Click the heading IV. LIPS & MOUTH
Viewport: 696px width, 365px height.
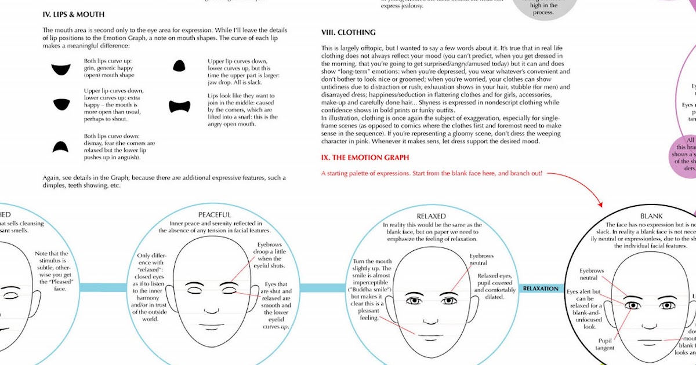pos(73,14)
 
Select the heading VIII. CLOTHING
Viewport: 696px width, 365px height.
pos(348,32)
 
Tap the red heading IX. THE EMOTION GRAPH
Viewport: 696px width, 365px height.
pos(365,158)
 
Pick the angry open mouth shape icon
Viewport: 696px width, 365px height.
pos(180,107)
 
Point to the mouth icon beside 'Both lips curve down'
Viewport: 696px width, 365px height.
pos(57,147)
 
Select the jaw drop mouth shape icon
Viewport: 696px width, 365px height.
pos(179,66)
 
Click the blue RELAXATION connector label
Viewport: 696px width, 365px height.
pos(541,289)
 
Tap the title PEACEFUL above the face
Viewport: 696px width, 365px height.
pos(215,215)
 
